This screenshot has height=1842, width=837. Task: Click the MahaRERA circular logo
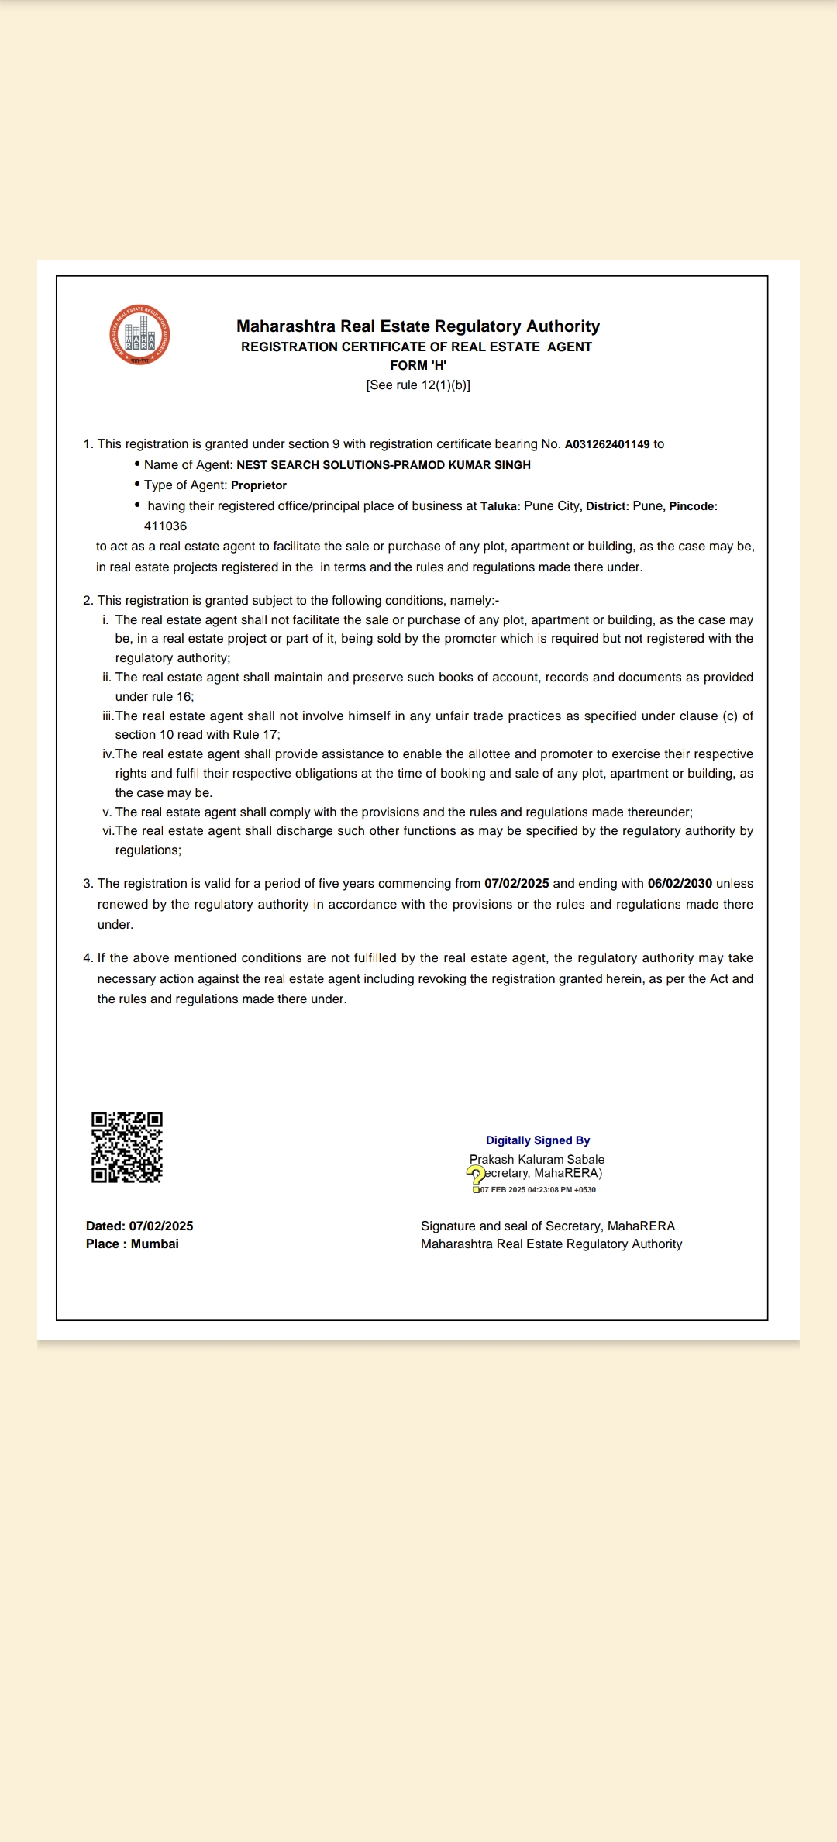139,335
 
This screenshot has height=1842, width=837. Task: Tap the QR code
127,1147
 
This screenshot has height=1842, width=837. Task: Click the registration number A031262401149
607,444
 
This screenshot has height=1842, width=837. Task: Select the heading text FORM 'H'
418,365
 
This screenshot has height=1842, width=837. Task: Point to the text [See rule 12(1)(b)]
418,385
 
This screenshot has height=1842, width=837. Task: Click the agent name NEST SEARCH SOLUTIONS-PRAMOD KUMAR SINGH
384,465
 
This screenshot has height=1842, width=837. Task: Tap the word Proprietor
259,485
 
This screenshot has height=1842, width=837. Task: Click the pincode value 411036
165,526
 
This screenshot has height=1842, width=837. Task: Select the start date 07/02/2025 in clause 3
516,884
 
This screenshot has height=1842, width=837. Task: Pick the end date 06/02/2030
680,884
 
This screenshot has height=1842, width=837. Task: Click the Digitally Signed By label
538,1140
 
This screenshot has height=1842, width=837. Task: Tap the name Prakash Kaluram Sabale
537,1160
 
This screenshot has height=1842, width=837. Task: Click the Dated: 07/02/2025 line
139,1226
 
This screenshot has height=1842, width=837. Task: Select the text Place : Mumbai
133,1244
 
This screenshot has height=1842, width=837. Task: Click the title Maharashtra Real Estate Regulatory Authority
418,326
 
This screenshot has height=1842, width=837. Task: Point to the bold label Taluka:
500,506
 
